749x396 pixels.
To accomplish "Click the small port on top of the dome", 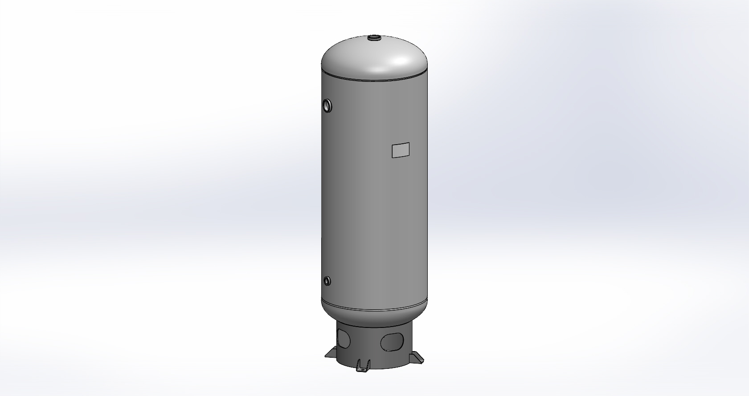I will pos(374,38).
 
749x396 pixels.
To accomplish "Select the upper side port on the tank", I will pos(327,105).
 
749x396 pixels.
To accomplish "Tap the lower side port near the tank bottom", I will pos(327,281).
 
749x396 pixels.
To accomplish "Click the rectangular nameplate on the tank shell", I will pos(400,150).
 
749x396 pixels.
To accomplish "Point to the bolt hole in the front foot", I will pos(363,367).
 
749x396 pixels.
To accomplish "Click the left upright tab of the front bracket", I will pos(359,364).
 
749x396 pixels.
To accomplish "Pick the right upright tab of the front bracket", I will pos(368,364).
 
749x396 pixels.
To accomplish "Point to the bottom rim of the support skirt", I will pos(383,368).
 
